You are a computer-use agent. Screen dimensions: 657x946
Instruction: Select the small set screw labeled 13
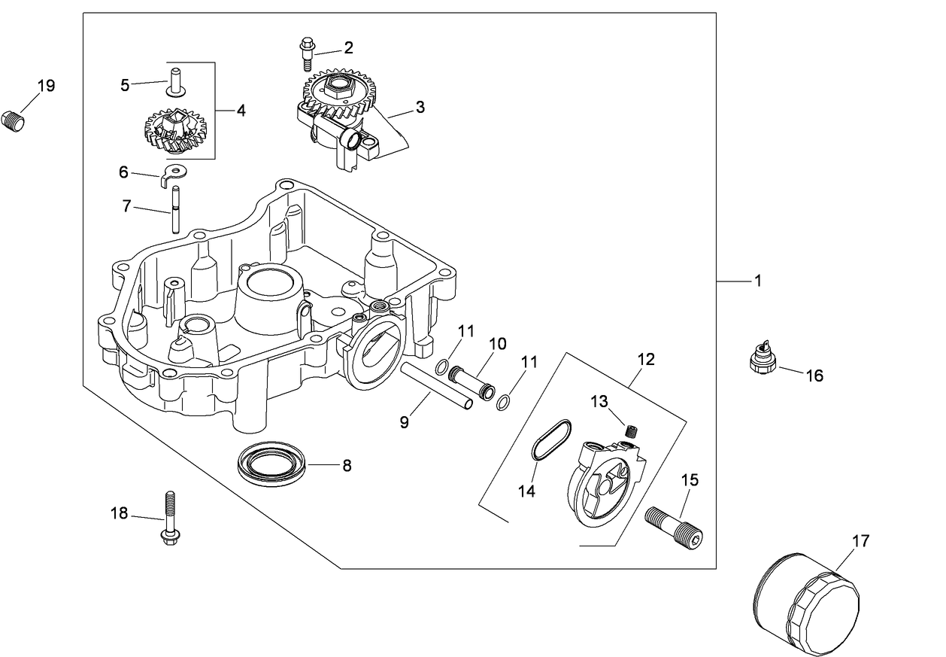click(x=632, y=430)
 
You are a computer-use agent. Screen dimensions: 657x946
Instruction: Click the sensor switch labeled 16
click(x=760, y=357)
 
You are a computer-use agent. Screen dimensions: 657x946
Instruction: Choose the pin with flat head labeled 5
click(x=175, y=83)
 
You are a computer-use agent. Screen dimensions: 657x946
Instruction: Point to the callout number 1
click(x=758, y=281)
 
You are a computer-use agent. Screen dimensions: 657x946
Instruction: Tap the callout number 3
click(x=420, y=108)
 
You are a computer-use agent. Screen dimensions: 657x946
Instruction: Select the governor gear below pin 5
click(x=175, y=133)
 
